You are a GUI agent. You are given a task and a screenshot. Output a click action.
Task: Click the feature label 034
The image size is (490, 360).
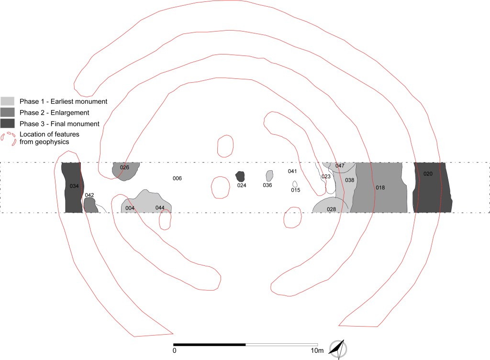(74, 186)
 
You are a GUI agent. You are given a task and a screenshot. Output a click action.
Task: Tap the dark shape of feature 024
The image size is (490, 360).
(240, 176)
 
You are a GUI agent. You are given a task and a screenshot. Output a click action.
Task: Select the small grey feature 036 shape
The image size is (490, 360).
(269, 175)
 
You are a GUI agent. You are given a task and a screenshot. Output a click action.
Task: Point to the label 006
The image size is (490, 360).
(177, 178)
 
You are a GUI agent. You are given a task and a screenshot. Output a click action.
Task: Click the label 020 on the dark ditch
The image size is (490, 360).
(428, 174)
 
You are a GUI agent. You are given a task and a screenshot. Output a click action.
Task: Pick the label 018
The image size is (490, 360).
(380, 187)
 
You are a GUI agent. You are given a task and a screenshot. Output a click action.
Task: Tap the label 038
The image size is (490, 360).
(350, 180)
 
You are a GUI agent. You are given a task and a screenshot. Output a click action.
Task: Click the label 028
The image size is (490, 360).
(331, 209)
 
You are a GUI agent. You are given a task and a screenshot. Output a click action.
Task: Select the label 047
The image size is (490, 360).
(340, 165)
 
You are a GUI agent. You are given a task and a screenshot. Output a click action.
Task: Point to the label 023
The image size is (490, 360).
(326, 176)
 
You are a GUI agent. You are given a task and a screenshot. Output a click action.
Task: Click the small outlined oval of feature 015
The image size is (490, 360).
(295, 184)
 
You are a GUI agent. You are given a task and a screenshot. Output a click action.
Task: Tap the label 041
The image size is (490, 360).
(292, 171)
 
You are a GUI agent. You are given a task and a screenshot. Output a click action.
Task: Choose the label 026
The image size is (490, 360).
(124, 167)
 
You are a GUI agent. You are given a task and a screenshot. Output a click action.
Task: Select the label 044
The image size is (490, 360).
(160, 207)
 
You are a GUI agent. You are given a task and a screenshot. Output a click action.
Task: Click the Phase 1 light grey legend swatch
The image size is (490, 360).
(8, 101)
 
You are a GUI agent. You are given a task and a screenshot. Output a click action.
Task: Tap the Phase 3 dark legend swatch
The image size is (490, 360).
(8, 123)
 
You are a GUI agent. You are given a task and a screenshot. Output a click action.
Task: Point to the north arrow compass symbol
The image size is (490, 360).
(338, 349)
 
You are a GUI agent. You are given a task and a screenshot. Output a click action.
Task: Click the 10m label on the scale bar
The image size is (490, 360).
(317, 350)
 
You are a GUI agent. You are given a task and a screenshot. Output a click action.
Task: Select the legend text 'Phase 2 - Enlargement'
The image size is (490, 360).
(55, 112)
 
